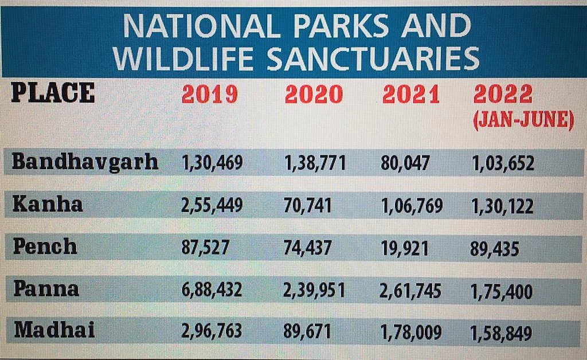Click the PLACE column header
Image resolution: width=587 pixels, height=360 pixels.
[53, 92]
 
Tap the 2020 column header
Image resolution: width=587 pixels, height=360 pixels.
[314, 94]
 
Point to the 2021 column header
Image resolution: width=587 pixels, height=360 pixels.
[410, 94]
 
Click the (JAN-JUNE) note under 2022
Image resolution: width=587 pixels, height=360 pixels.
[523, 120]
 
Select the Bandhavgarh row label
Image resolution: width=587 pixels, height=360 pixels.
[85, 162]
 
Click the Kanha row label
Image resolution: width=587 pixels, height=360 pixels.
[48, 204]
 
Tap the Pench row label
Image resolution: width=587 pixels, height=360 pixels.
[45, 246]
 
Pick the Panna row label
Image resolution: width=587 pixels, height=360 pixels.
[46, 288]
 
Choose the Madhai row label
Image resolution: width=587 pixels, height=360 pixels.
[54, 330]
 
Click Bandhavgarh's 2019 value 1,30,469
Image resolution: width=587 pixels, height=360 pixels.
[212, 163]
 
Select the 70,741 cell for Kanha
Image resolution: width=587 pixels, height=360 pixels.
[307, 205]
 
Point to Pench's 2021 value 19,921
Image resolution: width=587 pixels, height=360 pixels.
[404, 248]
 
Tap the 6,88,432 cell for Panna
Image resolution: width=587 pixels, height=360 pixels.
[212, 290]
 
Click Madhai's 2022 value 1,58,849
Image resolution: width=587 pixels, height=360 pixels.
[501, 333]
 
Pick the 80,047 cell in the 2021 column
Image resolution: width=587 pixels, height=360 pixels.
[405, 163]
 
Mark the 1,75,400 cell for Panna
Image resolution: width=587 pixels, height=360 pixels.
[501, 292]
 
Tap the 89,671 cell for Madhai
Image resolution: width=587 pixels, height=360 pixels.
[307, 331]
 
